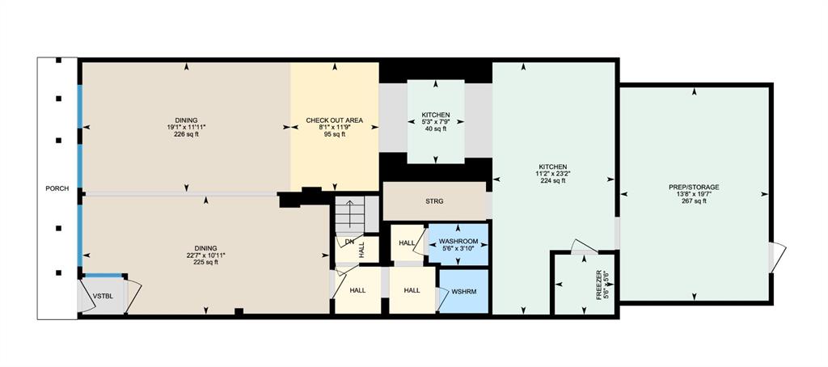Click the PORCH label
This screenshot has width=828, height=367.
pyautogui.click(x=57, y=188)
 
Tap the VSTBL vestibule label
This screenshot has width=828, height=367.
pyautogui.click(x=101, y=297)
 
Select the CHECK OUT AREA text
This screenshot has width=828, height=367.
pyautogui.click(x=335, y=120)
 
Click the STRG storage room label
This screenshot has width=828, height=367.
pyautogui.click(x=435, y=201)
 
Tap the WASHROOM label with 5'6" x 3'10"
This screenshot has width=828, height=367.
pyautogui.click(x=458, y=242)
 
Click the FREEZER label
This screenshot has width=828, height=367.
pyautogui.click(x=599, y=285)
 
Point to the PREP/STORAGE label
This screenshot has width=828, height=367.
pyautogui.click(x=694, y=187)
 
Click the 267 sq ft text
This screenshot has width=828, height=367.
pyautogui.click(x=694, y=200)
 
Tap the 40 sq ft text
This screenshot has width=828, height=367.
pyautogui.click(x=436, y=129)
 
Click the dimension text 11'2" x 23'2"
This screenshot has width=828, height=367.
pyautogui.click(x=553, y=173)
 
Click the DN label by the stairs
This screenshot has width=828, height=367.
pyautogui.click(x=349, y=242)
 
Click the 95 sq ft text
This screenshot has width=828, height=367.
pyautogui.click(x=335, y=134)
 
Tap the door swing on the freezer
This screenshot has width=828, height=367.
pyautogui.click(x=585, y=247)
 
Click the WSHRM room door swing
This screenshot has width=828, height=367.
pyautogui.click(x=442, y=299)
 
